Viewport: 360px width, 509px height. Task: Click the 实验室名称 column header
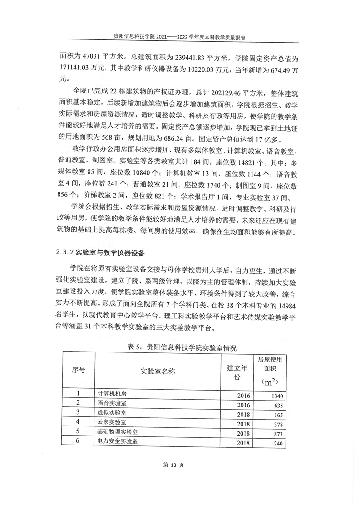point(158,371)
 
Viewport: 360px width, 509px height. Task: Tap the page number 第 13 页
point(180,465)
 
